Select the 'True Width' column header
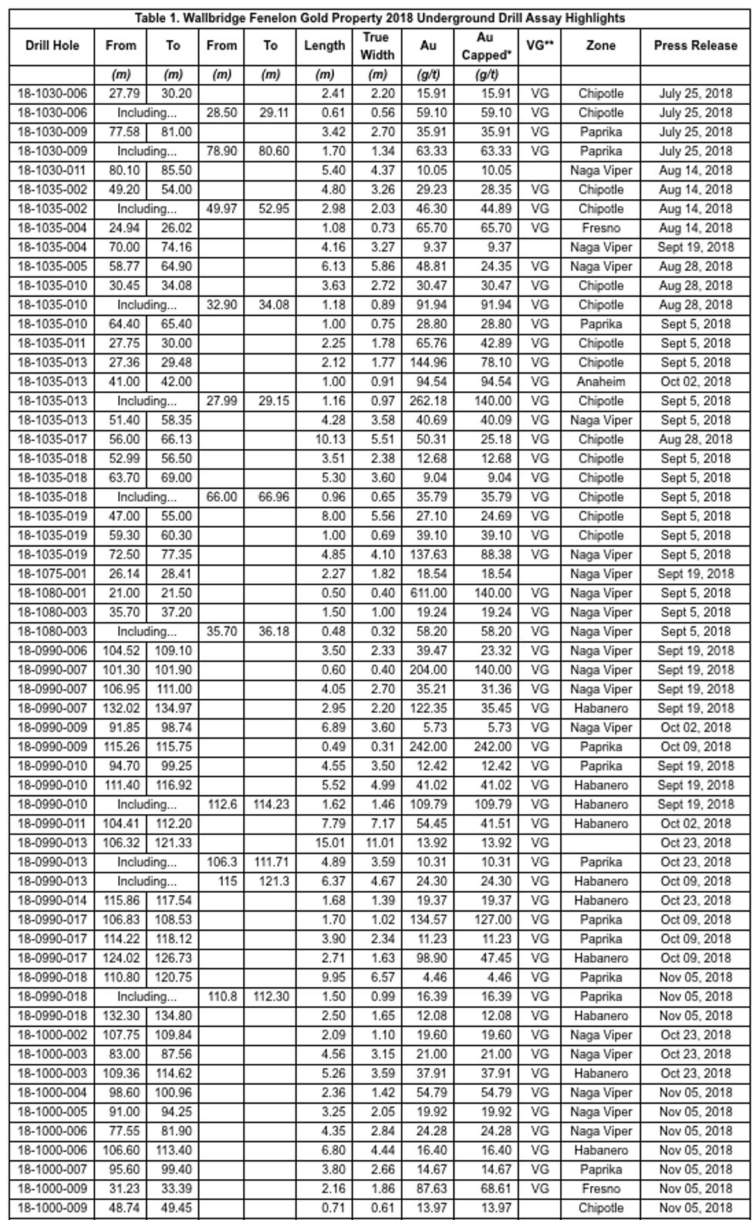(x=376, y=46)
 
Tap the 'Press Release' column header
(x=695, y=46)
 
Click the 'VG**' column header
(x=539, y=46)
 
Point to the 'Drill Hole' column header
(x=52, y=46)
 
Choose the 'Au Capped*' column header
(x=486, y=46)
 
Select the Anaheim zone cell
(x=600, y=382)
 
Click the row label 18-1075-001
(x=52, y=574)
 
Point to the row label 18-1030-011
(x=52, y=171)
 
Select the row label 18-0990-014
(x=52, y=901)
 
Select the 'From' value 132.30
(x=121, y=1016)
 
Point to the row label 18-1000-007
(x=52, y=1170)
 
